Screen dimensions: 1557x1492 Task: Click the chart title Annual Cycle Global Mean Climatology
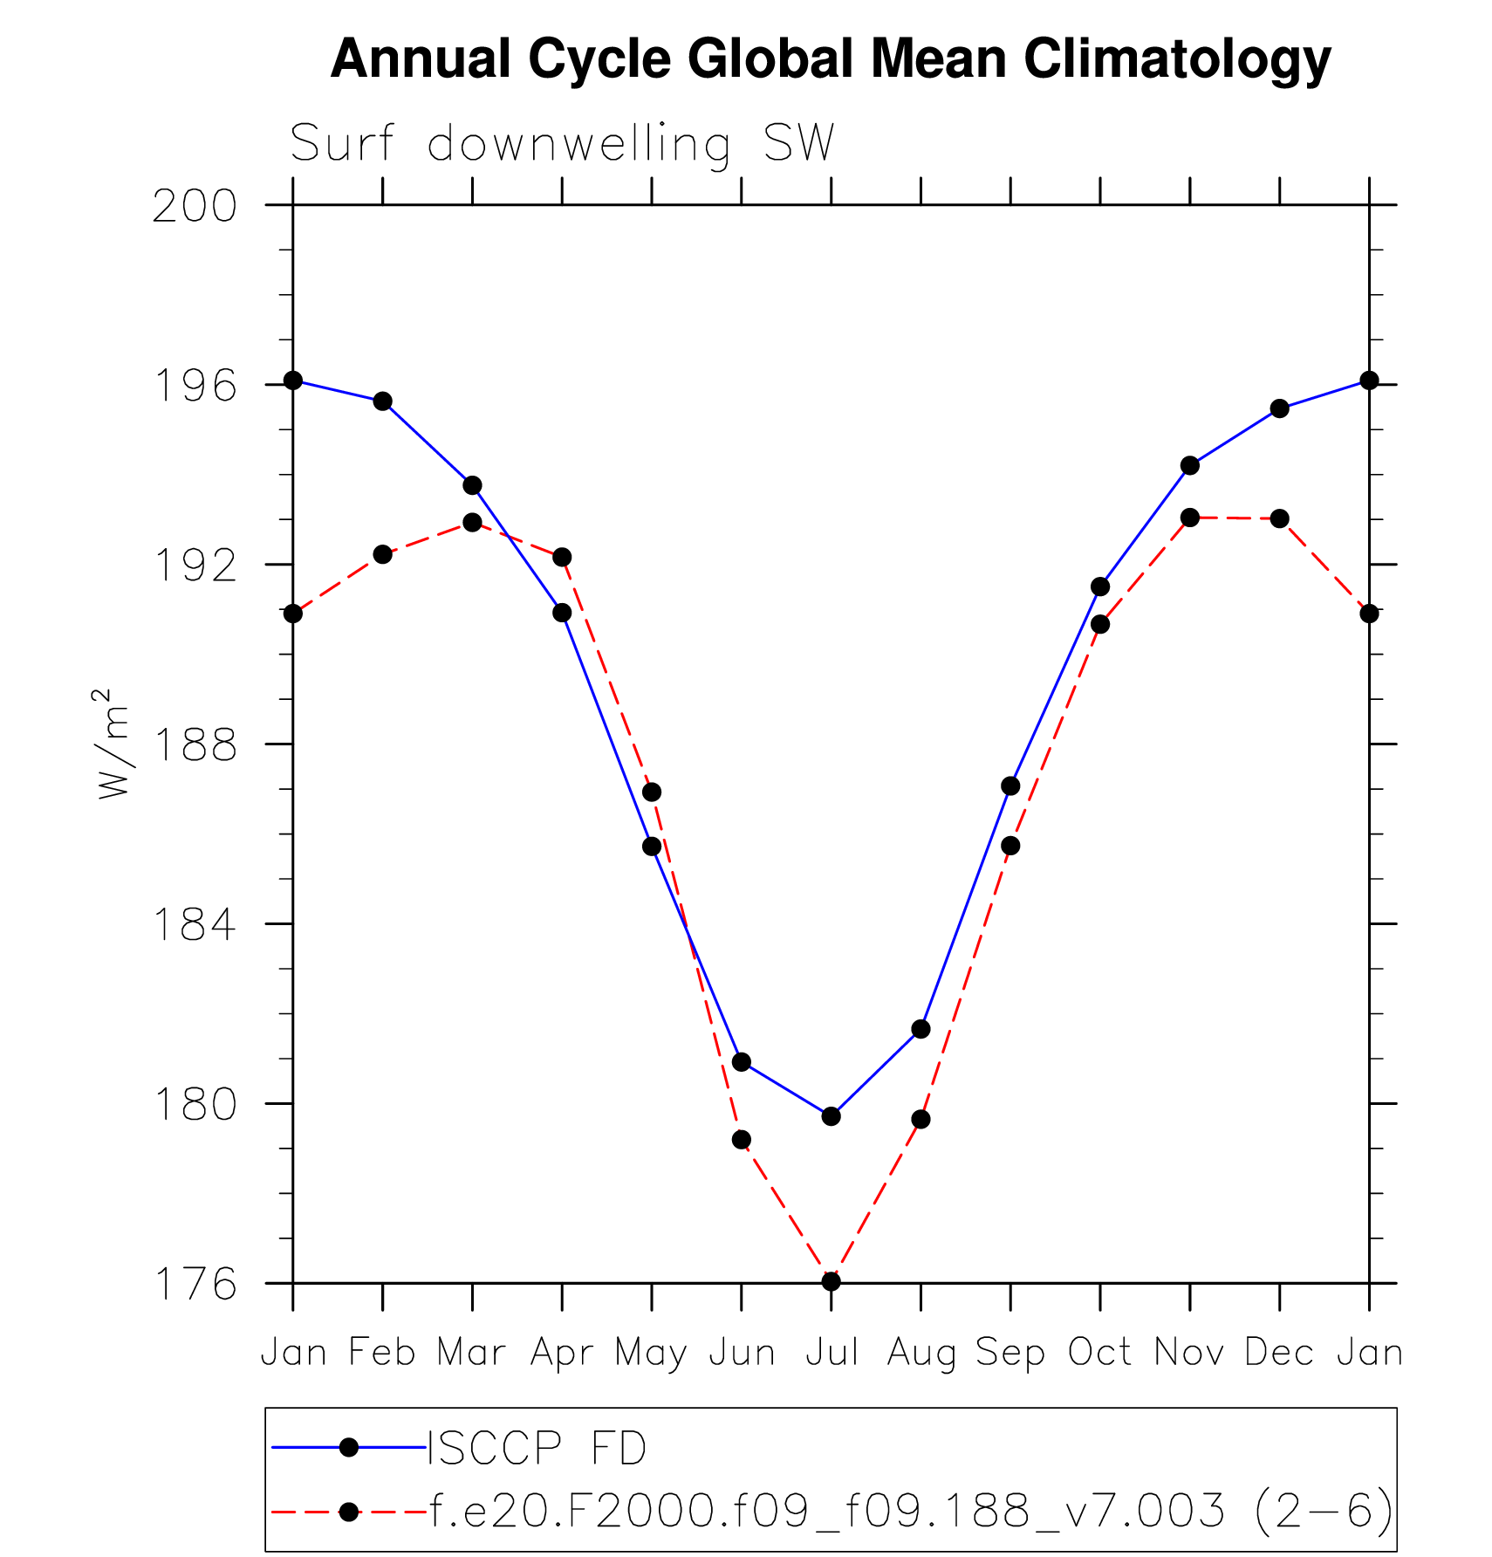click(x=830, y=59)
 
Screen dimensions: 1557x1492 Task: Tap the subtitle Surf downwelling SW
click(x=562, y=144)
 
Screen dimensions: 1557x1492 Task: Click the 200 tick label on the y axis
click(x=195, y=207)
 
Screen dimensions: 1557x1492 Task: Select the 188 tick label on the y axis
click(x=195, y=745)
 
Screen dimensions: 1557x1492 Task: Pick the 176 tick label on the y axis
click(x=195, y=1284)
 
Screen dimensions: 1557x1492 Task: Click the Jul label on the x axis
click(x=832, y=1353)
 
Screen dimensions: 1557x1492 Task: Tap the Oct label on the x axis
click(x=1100, y=1353)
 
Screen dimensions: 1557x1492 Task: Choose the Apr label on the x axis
click(x=562, y=1353)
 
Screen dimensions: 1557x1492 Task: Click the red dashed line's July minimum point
click(x=831, y=1281)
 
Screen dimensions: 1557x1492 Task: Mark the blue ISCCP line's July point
click(x=831, y=1116)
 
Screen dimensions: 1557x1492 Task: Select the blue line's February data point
click(x=382, y=401)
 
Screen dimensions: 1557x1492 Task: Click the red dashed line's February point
click(x=382, y=554)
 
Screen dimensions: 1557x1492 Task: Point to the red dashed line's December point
click(x=1279, y=518)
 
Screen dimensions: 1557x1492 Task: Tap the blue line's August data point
click(x=921, y=1029)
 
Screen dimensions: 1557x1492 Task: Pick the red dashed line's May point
click(x=652, y=792)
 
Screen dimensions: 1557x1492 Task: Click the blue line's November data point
click(x=1189, y=465)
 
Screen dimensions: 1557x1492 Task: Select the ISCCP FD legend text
click(x=537, y=1448)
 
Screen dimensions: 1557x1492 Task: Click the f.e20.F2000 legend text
click(x=911, y=1511)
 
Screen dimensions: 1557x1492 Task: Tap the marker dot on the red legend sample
click(x=348, y=1512)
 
